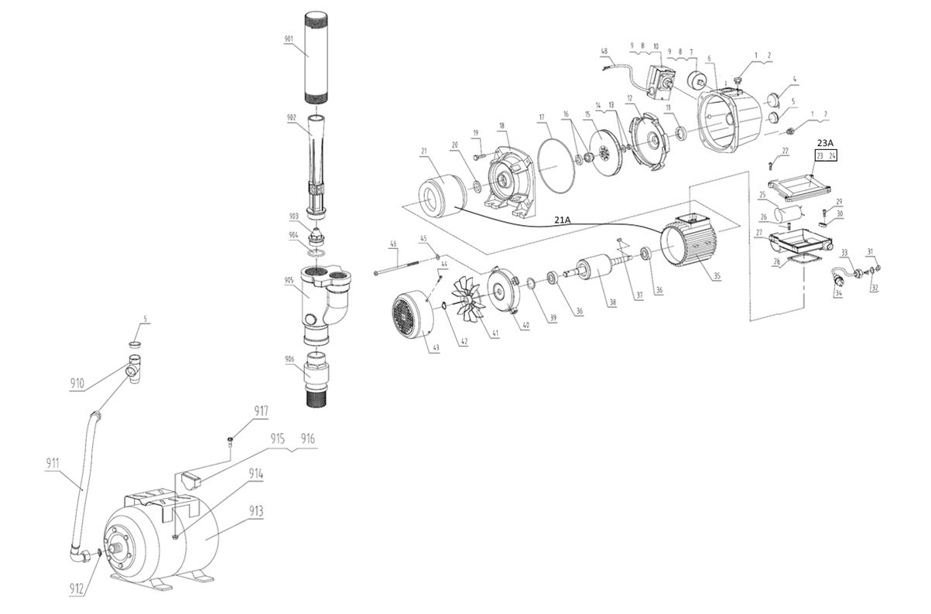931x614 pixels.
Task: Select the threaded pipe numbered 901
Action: [317, 58]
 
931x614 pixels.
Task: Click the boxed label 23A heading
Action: [824, 143]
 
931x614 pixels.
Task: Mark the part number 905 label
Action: [288, 280]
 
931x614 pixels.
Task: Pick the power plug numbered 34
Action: [838, 283]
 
